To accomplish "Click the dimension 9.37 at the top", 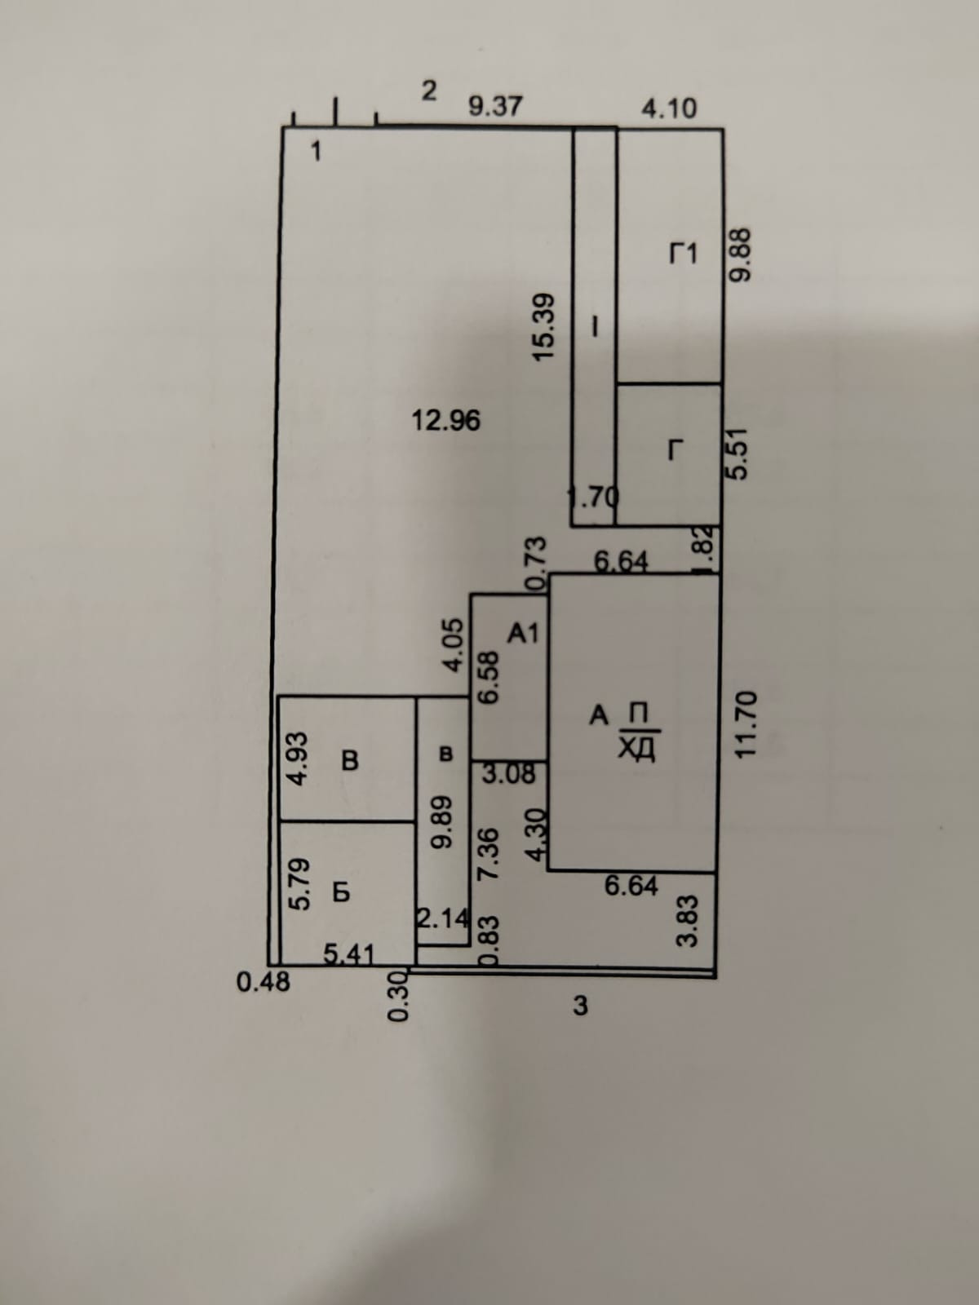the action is point(495,107).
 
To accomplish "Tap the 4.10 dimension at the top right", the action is point(669,108).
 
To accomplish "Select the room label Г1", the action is point(683,254).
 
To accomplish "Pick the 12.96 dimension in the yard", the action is point(446,421).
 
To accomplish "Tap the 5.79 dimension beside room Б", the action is point(300,883).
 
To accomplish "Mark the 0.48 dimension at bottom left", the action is point(263,982).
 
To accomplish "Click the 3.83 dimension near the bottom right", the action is point(688,920).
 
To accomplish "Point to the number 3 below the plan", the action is point(580,1006).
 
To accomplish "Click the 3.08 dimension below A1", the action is point(507,773).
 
